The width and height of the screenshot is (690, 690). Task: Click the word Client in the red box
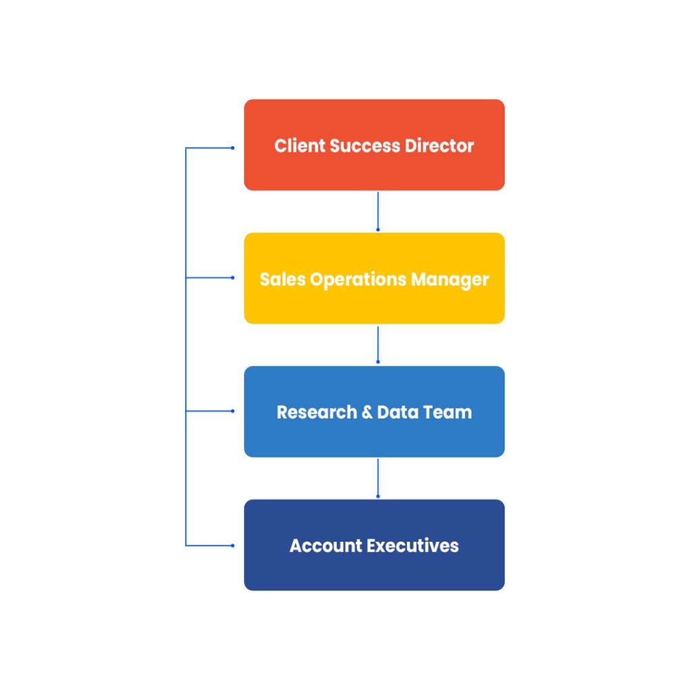coord(297,146)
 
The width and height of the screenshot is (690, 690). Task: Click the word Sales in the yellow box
coord(282,279)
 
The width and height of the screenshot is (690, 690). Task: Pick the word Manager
coord(449,279)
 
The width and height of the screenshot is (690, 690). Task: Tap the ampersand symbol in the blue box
coord(367,412)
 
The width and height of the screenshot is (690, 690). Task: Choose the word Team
coord(447,412)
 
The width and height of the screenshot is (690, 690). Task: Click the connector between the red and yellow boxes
coord(378,210)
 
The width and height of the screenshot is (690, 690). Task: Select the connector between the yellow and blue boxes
coord(378,344)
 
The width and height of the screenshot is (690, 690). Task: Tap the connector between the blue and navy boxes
coord(378,477)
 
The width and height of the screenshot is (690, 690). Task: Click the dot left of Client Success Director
coord(233,148)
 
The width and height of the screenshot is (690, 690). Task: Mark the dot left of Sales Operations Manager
coord(233,278)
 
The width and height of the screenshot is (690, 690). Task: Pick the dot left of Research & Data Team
coord(233,410)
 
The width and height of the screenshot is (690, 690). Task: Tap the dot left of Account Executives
coord(233,545)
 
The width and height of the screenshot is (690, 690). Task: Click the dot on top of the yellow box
coord(378,230)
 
